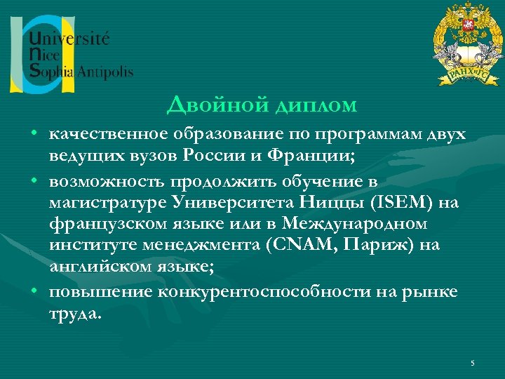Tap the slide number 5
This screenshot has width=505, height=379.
473,362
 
